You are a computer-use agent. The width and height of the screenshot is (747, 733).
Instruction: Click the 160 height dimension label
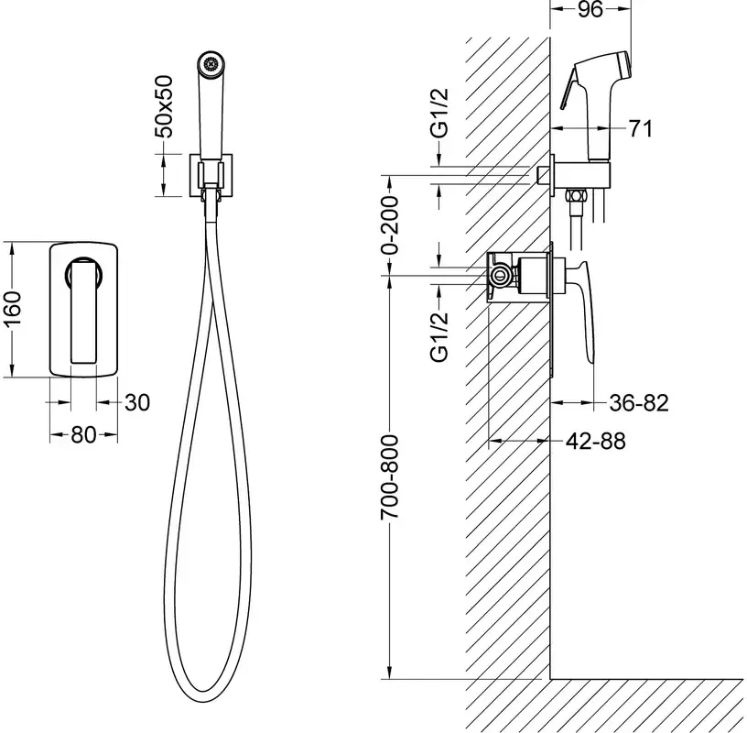point(13,309)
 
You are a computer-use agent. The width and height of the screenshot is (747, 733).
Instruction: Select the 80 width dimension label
point(83,434)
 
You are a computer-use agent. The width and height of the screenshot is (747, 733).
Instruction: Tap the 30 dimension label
point(137,402)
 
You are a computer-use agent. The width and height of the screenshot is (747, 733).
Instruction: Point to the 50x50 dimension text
point(165,106)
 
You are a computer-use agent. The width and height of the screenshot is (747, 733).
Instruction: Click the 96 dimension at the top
point(590,9)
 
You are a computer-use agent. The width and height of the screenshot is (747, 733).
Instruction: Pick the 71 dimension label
point(640,128)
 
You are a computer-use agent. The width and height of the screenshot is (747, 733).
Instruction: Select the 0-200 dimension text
point(390,224)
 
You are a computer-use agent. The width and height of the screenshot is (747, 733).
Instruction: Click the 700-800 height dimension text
point(390,476)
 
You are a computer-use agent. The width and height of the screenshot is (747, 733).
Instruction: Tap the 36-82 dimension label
point(639,403)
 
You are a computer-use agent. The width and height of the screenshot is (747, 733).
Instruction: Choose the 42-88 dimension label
point(596,441)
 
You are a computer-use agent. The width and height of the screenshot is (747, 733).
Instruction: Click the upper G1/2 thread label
point(439,113)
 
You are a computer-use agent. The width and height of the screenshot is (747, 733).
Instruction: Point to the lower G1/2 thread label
point(439,337)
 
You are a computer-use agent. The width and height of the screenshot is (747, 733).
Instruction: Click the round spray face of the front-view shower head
point(211,64)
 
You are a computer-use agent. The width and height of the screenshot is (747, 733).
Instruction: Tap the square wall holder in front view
point(211,175)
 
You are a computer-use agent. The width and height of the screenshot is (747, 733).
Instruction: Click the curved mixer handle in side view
point(584,310)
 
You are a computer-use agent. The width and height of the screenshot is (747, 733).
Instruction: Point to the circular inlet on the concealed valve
point(500,275)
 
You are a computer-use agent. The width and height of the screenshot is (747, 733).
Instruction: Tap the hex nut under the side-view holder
point(575,196)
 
